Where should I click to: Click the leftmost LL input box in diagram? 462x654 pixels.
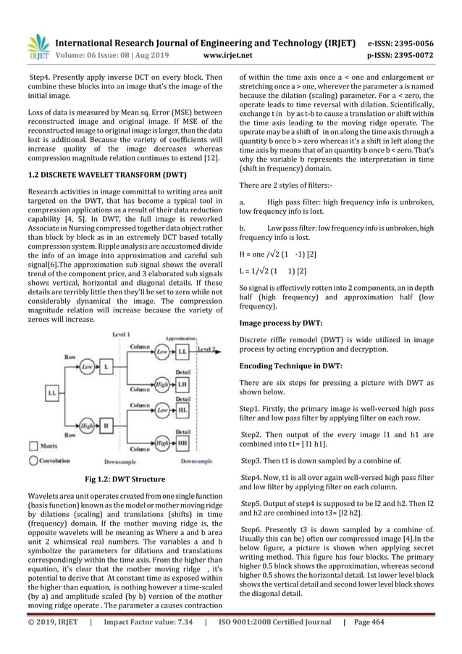click(x=53, y=392)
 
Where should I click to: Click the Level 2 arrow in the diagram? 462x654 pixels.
click(x=209, y=350)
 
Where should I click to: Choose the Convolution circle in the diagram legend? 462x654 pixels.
click(x=33, y=460)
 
